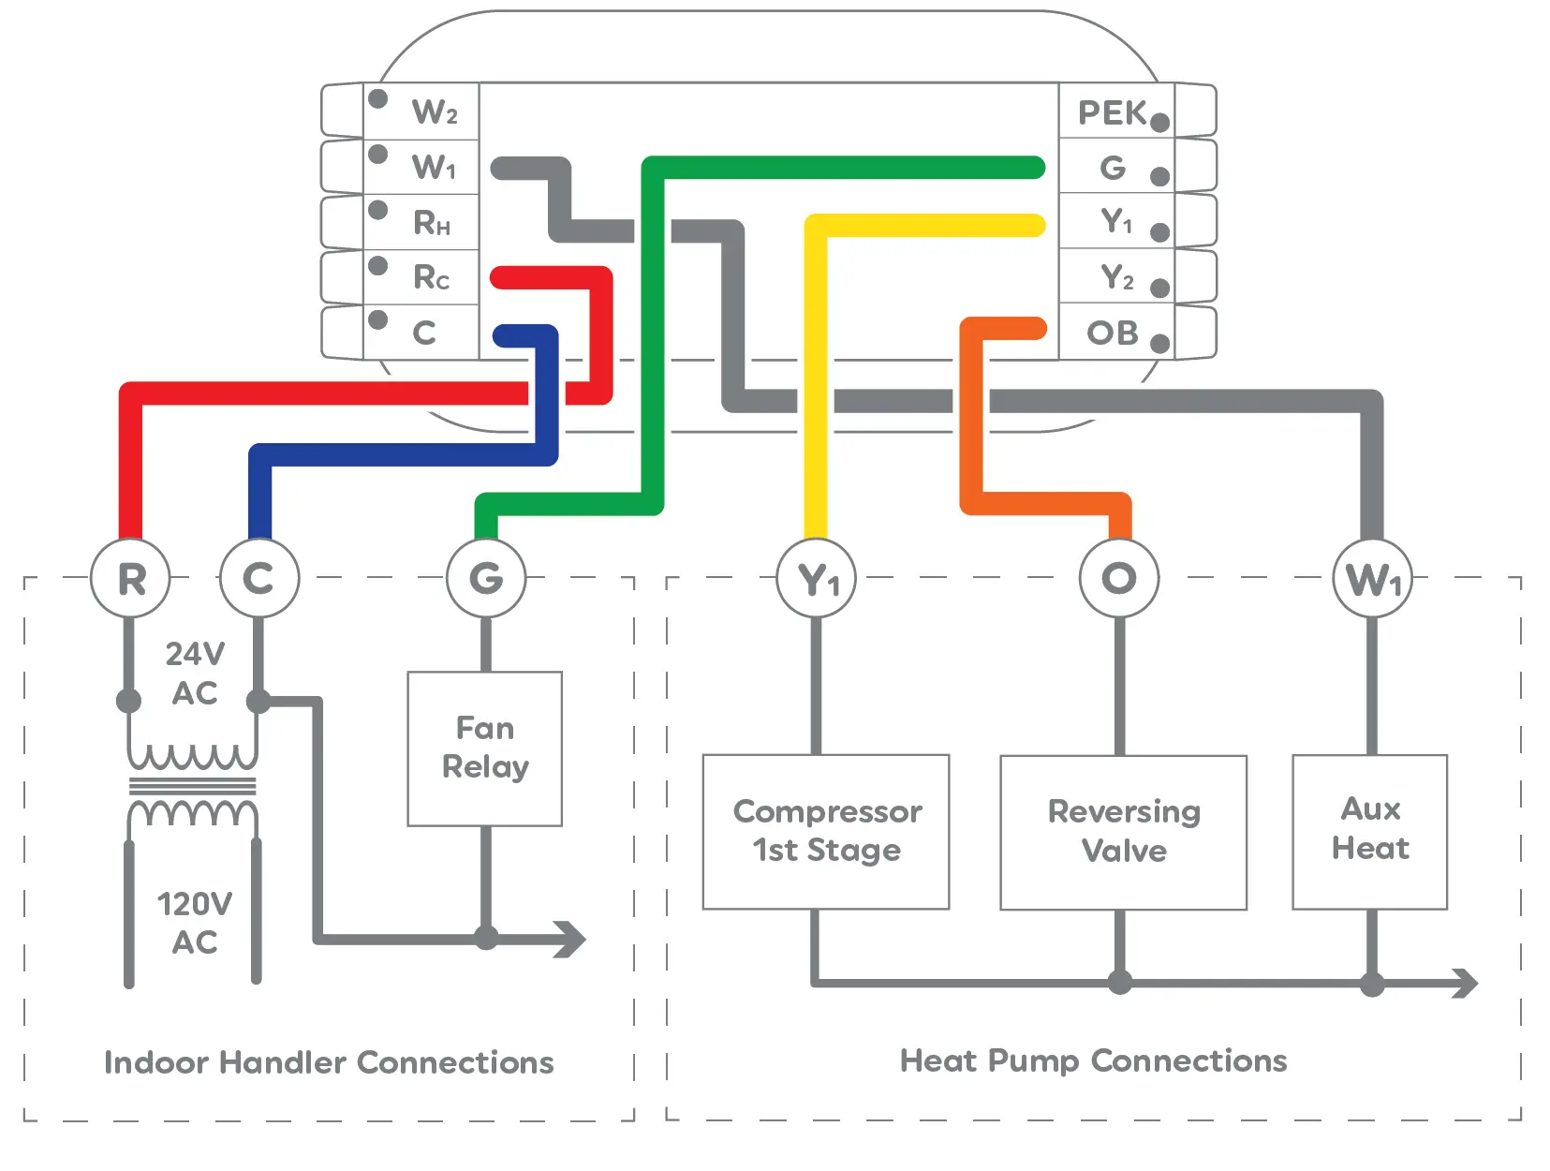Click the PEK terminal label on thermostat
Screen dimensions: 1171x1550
[1112, 113]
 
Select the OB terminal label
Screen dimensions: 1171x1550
[1112, 333]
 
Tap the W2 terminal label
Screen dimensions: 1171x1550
[434, 112]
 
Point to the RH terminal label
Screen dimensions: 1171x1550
[431, 223]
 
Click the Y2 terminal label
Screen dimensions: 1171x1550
[1116, 277]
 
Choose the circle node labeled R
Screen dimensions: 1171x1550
[131, 578]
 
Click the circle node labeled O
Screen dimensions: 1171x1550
[1118, 578]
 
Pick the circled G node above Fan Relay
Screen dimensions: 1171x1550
[485, 578]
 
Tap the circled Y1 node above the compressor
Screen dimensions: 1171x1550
[817, 578]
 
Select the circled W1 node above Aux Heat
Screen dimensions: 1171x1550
[1372, 578]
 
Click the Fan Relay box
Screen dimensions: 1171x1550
[485, 748]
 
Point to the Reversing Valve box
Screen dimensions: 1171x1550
[1123, 832]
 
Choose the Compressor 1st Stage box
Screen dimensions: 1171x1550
[826, 831]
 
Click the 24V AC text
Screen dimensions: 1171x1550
[195, 673]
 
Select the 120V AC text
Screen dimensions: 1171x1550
[194, 923]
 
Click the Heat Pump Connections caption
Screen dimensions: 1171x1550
[1093, 1060]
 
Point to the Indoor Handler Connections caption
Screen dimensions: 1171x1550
[329, 1062]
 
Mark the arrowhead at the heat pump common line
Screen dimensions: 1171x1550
[1463, 983]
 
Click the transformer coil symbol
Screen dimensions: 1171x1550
[192, 785]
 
